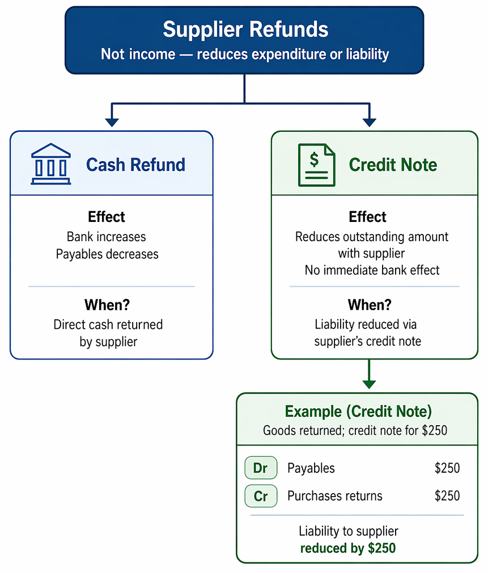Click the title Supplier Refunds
245,29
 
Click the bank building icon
51,164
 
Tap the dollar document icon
316,165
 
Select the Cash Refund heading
135,164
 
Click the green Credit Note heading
393,165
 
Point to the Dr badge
261,468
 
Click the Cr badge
261,496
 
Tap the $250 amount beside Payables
447,468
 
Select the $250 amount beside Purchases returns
447,496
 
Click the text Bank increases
106,237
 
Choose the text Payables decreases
107,254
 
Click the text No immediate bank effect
372,270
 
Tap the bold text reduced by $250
348,548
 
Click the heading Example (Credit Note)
358,412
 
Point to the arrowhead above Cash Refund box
112,122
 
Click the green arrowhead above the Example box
369,384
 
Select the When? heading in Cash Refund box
107,305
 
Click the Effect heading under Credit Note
367,217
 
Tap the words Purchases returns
335,496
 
